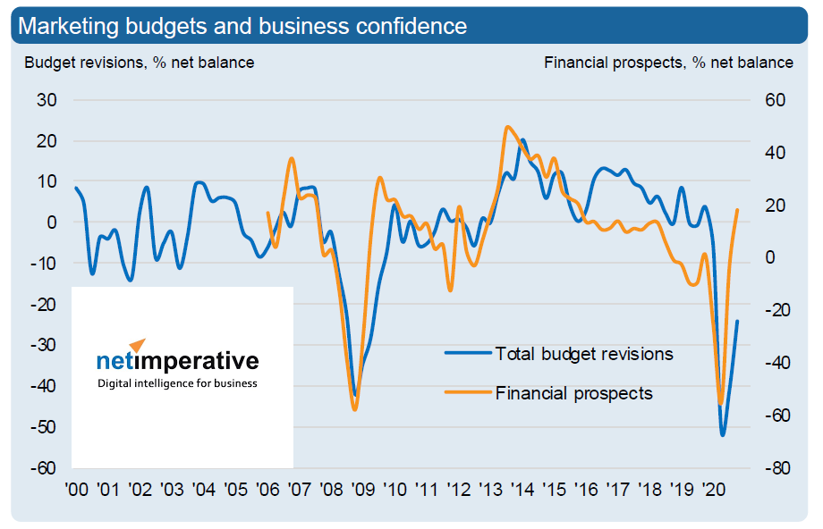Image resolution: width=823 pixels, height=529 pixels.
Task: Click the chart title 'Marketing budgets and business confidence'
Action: tap(242, 26)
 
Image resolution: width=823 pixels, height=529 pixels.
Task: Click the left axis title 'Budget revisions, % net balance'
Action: tap(139, 63)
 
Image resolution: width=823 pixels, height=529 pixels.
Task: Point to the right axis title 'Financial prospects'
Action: tap(668, 63)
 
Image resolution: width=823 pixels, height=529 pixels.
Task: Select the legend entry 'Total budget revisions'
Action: tap(583, 354)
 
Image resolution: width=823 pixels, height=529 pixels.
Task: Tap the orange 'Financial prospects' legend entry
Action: tap(573, 393)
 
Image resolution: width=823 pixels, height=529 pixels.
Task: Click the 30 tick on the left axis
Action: tap(47, 100)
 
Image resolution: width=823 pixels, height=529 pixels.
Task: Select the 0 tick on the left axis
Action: tap(52, 223)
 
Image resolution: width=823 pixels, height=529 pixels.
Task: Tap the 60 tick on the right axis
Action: tap(775, 100)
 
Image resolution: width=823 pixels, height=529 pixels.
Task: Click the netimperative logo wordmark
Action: tap(177, 361)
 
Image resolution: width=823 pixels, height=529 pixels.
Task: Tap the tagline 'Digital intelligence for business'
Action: tap(177, 383)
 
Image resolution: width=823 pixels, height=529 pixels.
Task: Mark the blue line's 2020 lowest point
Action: tap(723, 435)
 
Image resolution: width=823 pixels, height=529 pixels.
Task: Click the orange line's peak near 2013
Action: tap(508, 127)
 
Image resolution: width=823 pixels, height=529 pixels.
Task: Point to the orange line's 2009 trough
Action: tap(355, 409)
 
